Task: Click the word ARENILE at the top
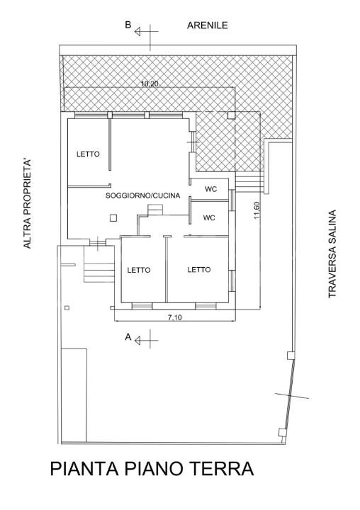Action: tap(207, 26)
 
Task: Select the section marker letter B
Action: tap(128, 25)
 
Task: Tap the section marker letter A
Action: tap(128, 338)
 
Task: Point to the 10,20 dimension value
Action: tap(149, 84)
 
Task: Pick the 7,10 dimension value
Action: tap(174, 317)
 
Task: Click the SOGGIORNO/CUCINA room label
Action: tap(142, 195)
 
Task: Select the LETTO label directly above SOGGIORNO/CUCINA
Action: tap(89, 154)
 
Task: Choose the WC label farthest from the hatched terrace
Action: tap(209, 218)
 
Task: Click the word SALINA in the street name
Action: tap(331, 227)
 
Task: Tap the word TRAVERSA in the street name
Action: tap(331, 273)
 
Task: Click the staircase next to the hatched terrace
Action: tap(249, 182)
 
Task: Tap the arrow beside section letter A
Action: tap(143, 340)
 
